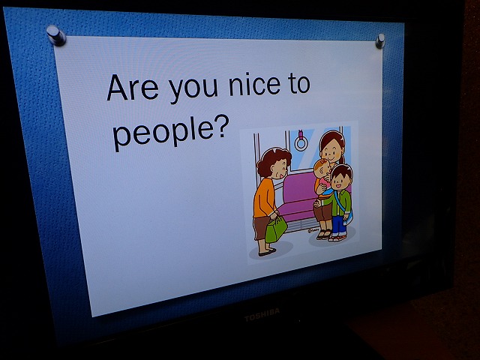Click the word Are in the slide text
[133, 88]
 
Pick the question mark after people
[222, 126]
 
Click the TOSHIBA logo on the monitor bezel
[262, 315]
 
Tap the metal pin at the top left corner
[55, 35]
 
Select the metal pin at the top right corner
[380, 41]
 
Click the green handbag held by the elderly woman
[276, 229]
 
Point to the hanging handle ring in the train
[301, 142]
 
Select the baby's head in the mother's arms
[322, 169]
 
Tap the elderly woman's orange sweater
[264, 197]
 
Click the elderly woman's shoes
[267, 252]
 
